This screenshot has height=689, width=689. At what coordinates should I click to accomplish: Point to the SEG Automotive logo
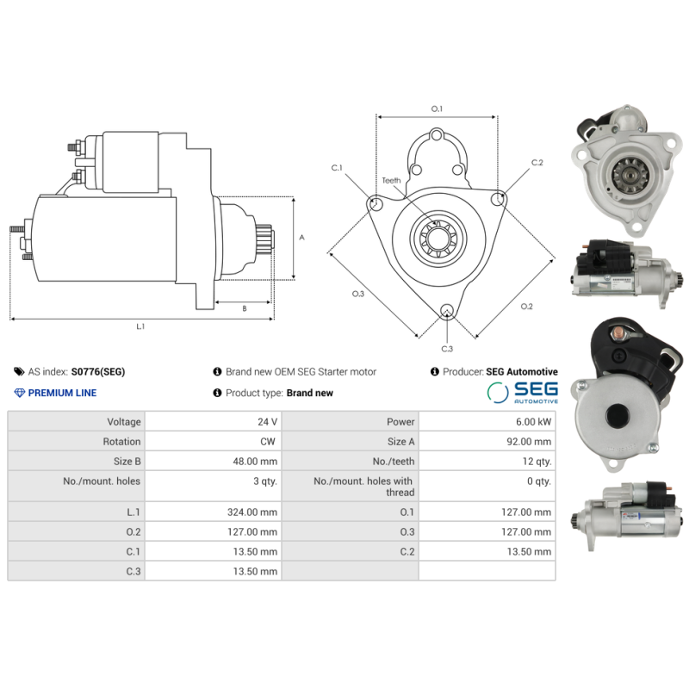[x=522, y=393]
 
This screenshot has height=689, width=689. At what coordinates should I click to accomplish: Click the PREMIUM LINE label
[x=62, y=393]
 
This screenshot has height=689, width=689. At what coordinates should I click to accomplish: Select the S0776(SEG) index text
[x=98, y=372]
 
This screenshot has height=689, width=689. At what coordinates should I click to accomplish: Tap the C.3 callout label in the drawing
[x=447, y=348]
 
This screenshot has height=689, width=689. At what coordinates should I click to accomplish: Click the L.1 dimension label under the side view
[x=140, y=326]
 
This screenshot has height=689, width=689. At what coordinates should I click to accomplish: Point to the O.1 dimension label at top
[x=437, y=109]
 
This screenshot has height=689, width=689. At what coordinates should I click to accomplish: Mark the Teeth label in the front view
[x=392, y=180]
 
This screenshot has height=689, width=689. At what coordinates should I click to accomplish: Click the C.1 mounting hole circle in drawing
[x=376, y=203]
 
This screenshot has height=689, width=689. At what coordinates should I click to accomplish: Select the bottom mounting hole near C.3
[x=447, y=312]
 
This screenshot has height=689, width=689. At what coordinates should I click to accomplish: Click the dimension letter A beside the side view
[x=301, y=237]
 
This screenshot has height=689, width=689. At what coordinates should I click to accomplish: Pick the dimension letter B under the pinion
[x=244, y=307]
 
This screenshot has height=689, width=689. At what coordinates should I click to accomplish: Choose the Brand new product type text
[x=310, y=393]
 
